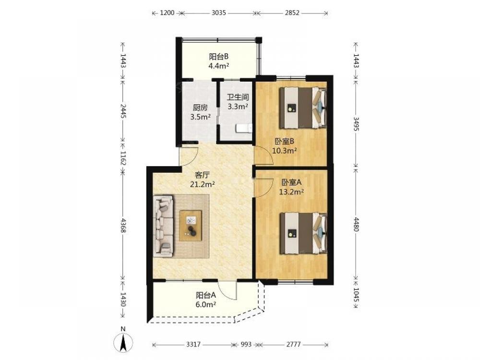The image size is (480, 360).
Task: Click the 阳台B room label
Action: (218, 57)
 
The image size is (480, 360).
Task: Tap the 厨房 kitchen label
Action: (200, 108)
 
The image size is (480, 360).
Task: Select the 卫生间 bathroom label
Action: (238, 97)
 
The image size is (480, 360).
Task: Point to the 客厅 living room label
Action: (202, 175)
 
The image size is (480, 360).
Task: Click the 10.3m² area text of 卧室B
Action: (284, 151)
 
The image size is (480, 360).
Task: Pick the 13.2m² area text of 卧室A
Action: (291, 192)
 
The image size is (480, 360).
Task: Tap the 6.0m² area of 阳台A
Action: (206, 305)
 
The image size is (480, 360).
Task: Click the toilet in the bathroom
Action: (244, 128)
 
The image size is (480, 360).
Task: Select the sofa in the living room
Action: (163, 226)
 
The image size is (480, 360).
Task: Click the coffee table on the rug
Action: (191, 226)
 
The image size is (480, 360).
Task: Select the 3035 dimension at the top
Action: (218, 13)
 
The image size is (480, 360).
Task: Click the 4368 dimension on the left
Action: (123, 226)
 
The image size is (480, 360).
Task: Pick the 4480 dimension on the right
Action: (356, 224)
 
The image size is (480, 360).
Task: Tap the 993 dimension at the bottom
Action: (245, 345)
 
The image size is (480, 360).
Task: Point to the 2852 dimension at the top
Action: (292, 13)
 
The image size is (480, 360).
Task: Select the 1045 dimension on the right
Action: (356, 294)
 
